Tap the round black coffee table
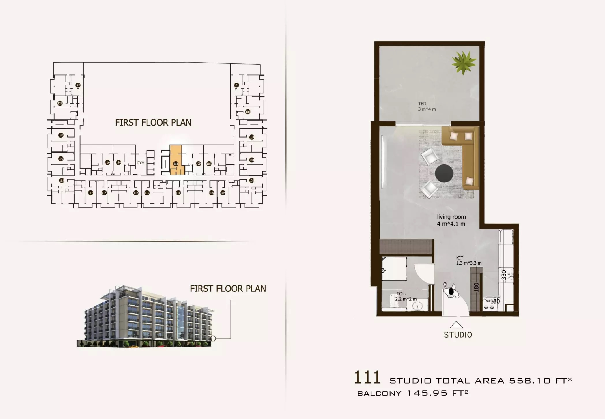point(444,173)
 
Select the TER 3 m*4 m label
point(427,106)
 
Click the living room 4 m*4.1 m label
point(451,220)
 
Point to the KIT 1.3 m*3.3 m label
point(468,261)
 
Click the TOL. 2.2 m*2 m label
point(406,296)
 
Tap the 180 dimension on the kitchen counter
point(476,287)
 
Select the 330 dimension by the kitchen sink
point(504,275)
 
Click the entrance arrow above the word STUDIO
point(456,325)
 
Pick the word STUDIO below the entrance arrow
point(458,335)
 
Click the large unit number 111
point(367,377)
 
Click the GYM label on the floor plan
point(141,163)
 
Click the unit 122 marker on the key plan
point(78,85)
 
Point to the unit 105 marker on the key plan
point(252,181)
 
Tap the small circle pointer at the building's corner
point(213,338)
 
